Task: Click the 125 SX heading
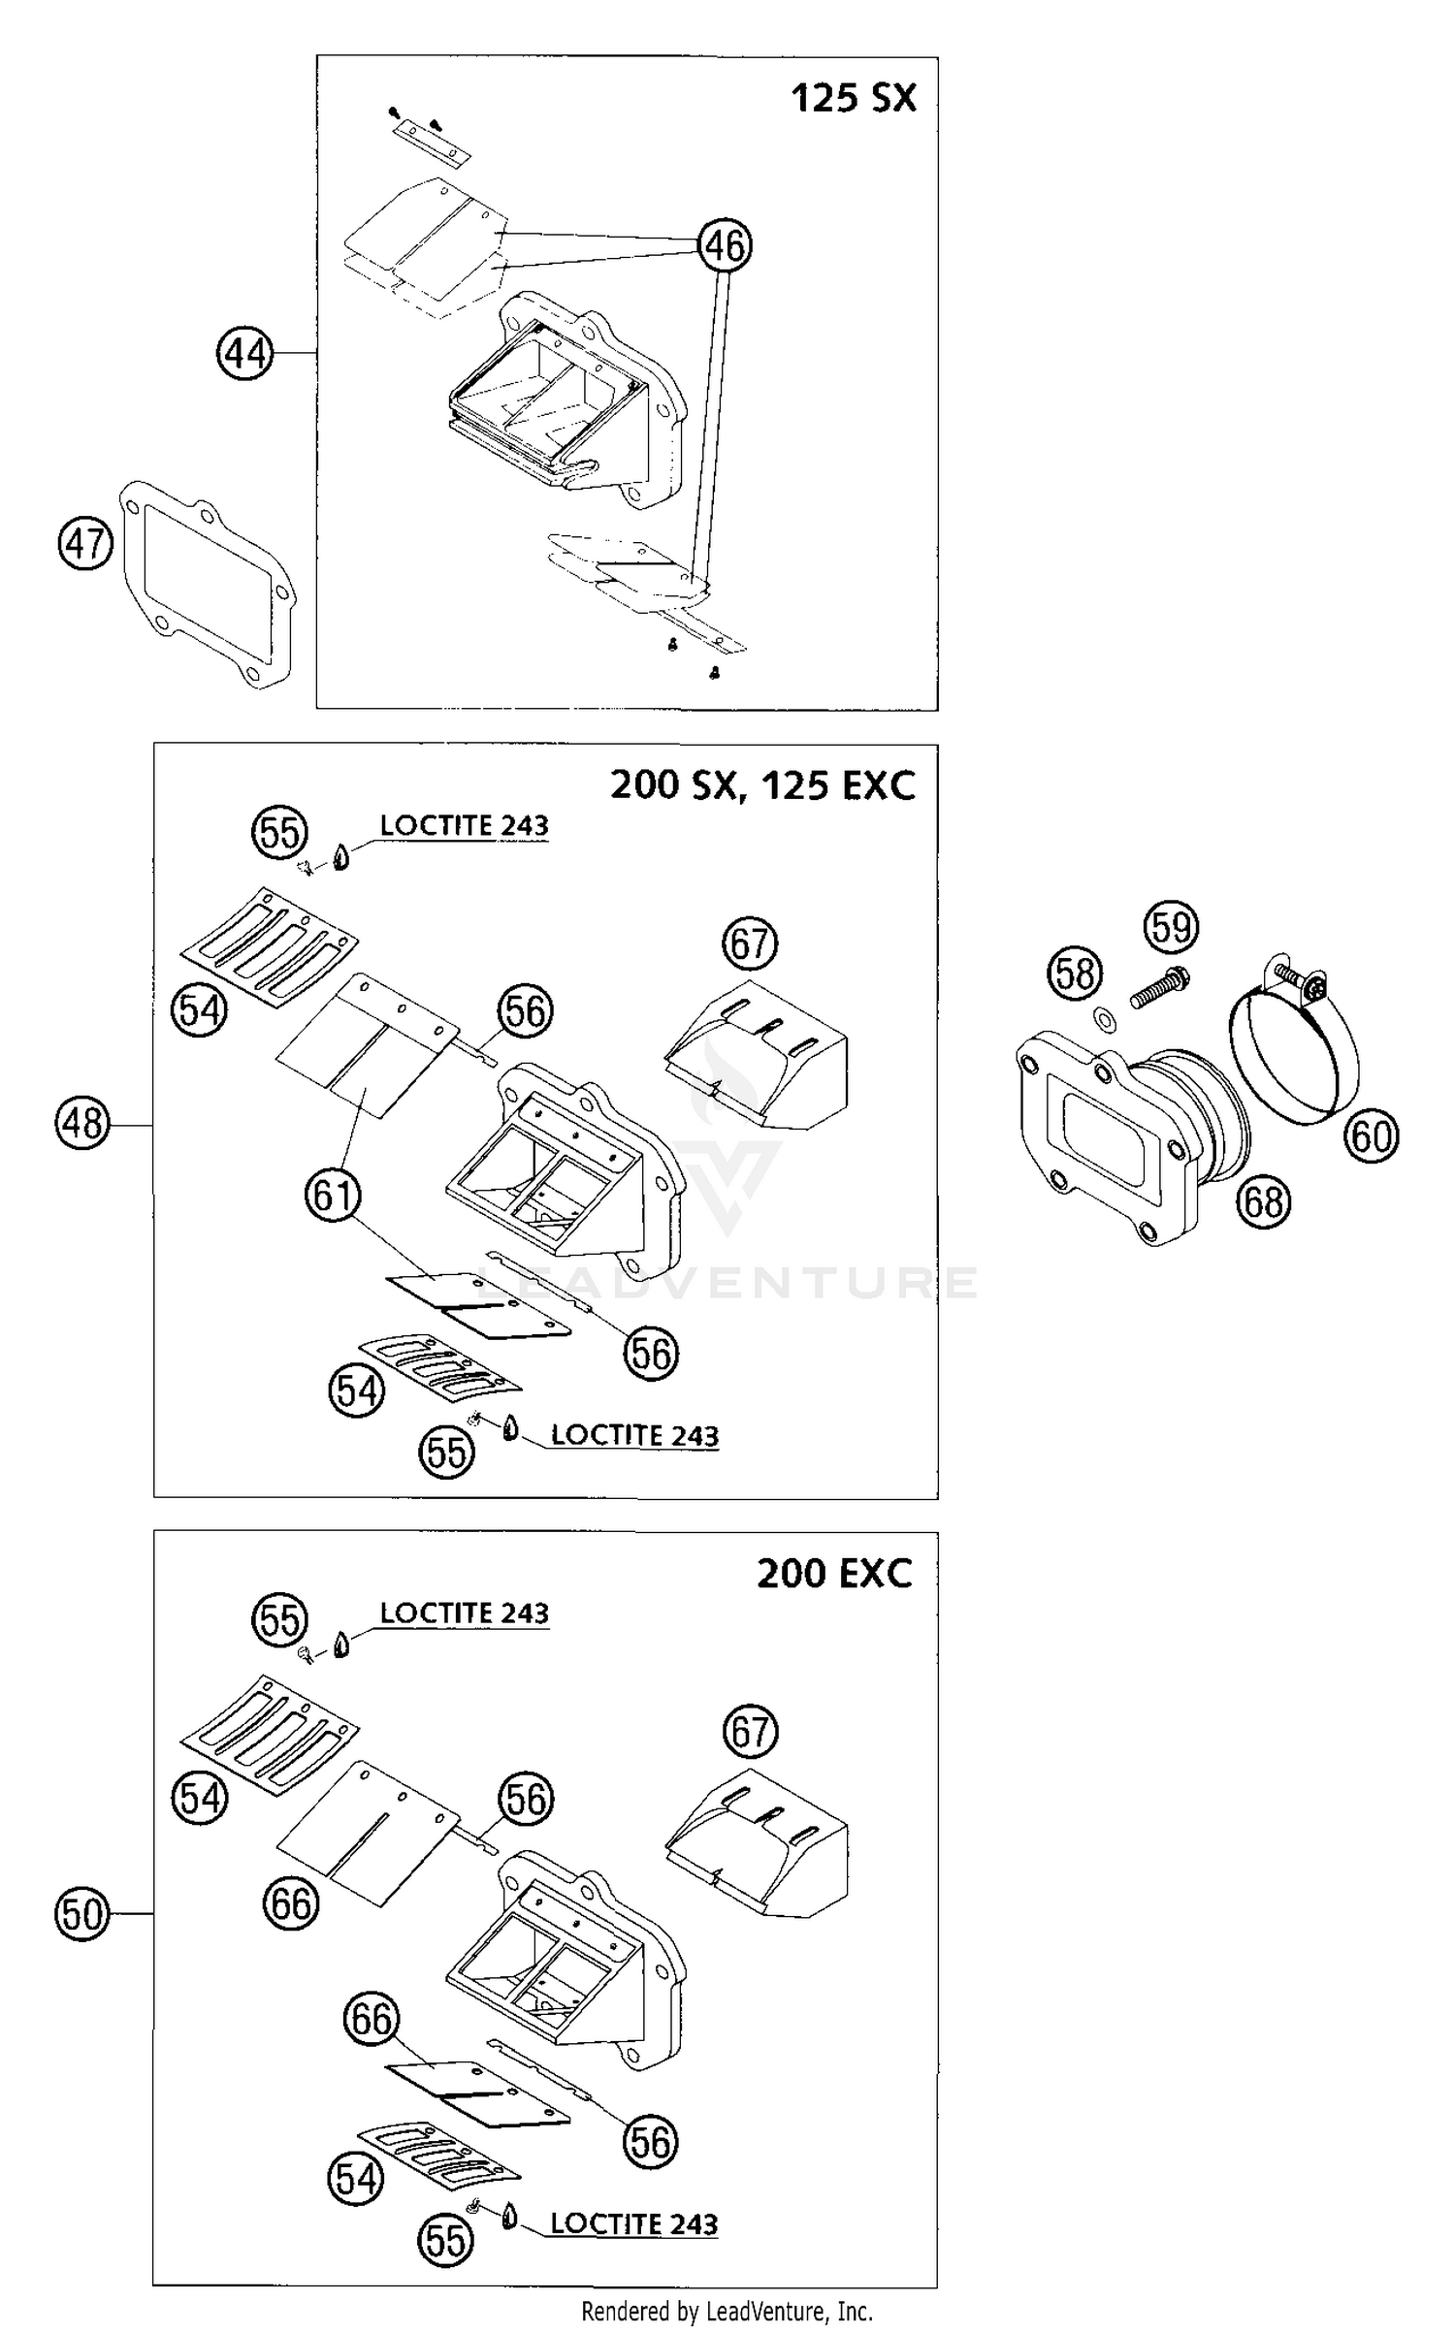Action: (x=853, y=98)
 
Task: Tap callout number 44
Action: (x=244, y=354)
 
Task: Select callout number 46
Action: (x=725, y=245)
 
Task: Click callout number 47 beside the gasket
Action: (x=85, y=543)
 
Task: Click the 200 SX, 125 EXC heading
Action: (x=762, y=784)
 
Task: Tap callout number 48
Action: (x=82, y=1124)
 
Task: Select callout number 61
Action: (x=332, y=1195)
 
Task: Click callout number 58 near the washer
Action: (x=1075, y=974)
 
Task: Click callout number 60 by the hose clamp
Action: (x=1371, y=1135)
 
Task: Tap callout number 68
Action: (x=1264, y=1202)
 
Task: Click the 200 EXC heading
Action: (x=834, y=1573)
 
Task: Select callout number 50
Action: (x=81, y=1914)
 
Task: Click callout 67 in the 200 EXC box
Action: (x=750, y=1731)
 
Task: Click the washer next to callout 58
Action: (x=1104, y=1019)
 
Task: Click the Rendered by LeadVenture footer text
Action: (x=727, y=2313)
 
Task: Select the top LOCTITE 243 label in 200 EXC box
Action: (x=464, y=1613)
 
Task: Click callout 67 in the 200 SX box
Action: (x=750, y=942)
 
